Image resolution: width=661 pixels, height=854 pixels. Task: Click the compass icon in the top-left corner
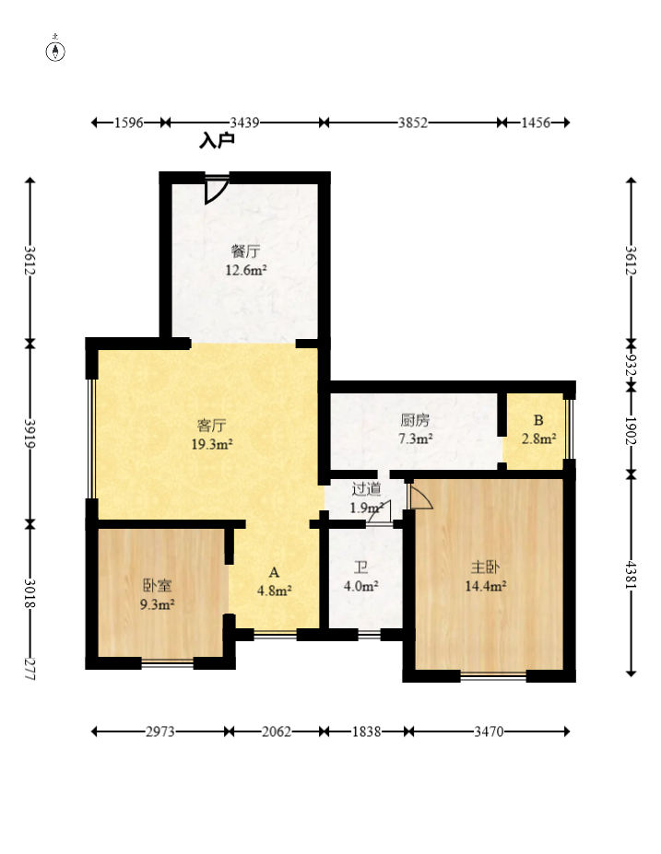[55, 50]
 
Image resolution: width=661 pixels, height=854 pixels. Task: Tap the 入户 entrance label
[217, 141]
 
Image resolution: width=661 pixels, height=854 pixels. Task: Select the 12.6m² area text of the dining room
[246, 270]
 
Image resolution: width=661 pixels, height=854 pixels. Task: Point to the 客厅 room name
[211, 425]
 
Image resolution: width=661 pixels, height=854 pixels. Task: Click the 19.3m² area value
[212, 444]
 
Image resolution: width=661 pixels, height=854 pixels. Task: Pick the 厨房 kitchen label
[415, 420]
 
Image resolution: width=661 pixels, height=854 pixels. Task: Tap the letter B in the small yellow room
[538, 420]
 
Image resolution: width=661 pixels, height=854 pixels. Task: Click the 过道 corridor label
[366, 489]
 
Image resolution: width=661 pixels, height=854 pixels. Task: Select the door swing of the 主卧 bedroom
[419, 495]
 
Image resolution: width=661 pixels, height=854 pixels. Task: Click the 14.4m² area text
[486, 586]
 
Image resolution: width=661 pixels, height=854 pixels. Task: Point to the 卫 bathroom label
[360, 568]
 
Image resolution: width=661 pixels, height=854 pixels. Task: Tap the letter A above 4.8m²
[274, 572]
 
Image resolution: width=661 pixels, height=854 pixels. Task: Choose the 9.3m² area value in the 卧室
[157, 604]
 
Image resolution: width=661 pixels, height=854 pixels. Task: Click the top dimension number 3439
[244, 123]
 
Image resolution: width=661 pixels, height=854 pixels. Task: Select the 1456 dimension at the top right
[536, 123]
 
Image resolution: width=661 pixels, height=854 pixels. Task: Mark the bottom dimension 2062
[277, 731]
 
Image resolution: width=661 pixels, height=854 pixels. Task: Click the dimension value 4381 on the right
[631, 574]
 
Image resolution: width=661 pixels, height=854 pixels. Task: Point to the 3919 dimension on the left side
[30, 434]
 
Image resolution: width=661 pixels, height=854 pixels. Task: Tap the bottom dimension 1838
[366, 731]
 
